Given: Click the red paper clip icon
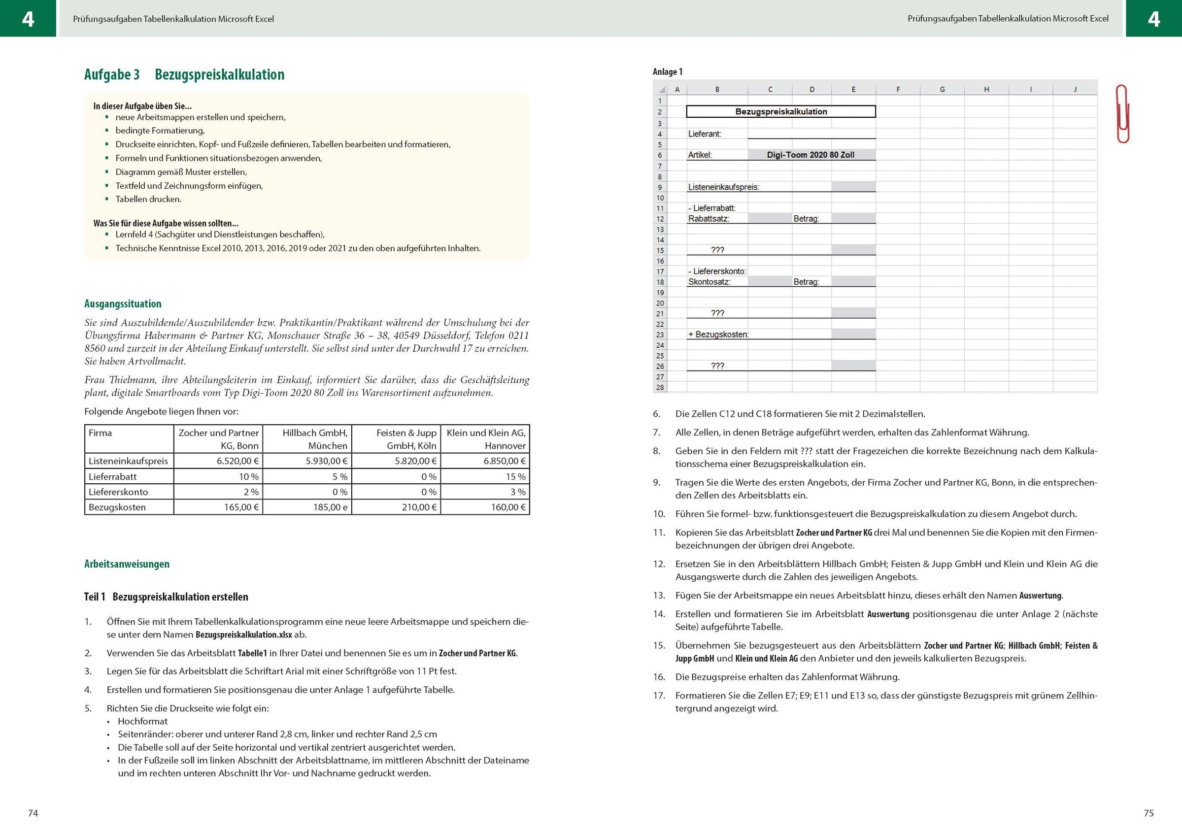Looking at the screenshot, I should tap(1122, 114).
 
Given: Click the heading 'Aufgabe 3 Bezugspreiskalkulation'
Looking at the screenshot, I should tap(184, 75).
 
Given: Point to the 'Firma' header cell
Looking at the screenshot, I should tap(101, 433).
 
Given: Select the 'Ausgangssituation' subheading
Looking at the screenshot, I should tap(123, 304).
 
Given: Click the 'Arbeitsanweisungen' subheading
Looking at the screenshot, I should tap(127, 564).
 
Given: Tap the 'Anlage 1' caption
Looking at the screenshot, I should tap(667, 72).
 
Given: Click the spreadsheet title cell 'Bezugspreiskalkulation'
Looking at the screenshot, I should tap(781, 112).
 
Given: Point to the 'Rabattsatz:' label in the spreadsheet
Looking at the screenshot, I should tap(709, 219).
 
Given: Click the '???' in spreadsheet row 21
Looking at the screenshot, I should tap(718, 313).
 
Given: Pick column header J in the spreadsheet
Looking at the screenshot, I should tap(1075, 90).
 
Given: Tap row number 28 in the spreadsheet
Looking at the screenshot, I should tap(659, 388).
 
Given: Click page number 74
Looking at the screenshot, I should tap(33, 813).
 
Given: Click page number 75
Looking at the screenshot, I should tap(1148, 813).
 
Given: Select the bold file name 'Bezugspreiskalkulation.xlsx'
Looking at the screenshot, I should tap(243, 635).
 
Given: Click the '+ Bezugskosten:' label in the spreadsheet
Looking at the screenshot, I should tap(718, 334).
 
